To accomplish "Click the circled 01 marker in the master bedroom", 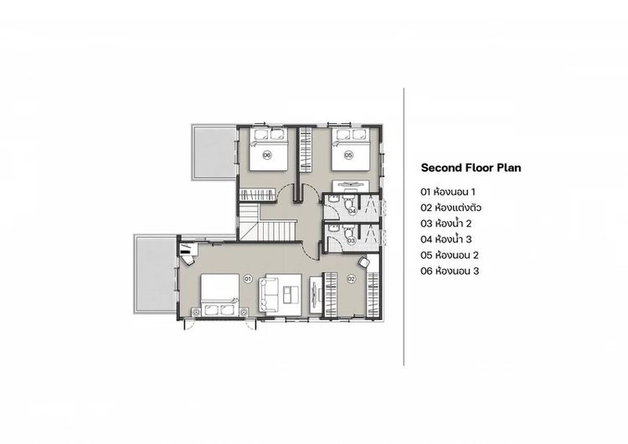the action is (x=248, y=277).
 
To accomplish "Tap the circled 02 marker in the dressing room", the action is (x=351, y=278).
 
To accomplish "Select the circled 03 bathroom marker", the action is (x=351, y=240).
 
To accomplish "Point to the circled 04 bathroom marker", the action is (x=352, y=210).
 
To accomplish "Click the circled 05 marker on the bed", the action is (x=349, y=154).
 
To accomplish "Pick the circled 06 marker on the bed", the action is (x=267, y=154).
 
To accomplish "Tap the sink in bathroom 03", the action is (x=333, y=229).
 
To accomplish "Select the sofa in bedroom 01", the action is (x=269, y=295).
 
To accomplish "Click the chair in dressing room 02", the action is (x=364, y=262).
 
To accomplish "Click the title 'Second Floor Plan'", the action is (x=471, y=168).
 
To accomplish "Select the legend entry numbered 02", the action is (x=451, y=208).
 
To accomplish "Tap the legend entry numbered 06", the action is (x=450, y=271).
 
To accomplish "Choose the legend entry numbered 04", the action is (x=446, y=240).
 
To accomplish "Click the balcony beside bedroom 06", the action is (x=214, y=152).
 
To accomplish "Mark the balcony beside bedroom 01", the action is (x=156, y=274).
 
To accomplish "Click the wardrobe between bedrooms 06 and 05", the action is (x=306, y=150).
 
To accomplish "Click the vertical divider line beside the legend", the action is (x=404, y=227).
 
